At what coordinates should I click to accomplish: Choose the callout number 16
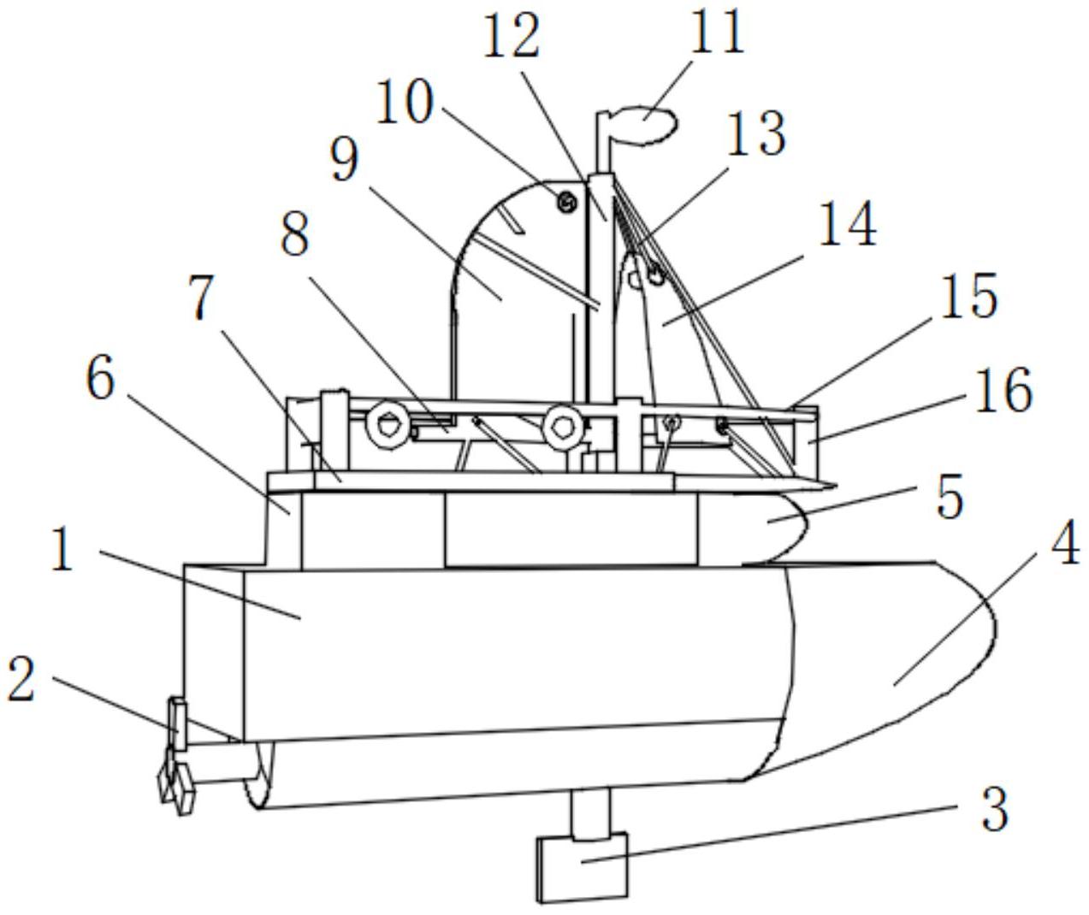tap(1003, 391)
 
